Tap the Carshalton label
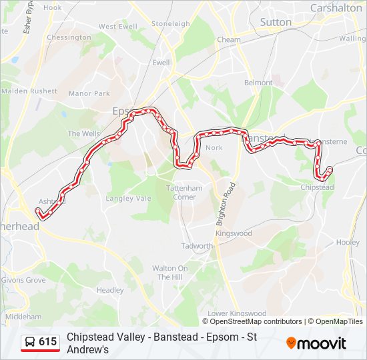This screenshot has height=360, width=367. [336, 8]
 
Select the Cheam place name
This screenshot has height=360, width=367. [229, 40]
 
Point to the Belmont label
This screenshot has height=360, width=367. [258, 83]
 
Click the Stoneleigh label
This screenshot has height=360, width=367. [171, 24]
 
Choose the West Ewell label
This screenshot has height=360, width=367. [117, 27]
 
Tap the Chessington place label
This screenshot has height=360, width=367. [69, 37]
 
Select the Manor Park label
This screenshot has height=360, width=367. [89, 93]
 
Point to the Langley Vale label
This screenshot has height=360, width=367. [129, 199]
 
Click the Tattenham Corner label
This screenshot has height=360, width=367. [185, 193]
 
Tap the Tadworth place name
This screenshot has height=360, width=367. [197, 246]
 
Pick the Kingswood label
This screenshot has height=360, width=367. [234, 234]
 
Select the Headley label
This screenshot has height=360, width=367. [110, 291]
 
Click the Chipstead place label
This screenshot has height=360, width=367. [318, 188]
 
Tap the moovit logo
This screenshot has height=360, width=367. [316, 343]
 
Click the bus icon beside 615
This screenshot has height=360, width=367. [30, 342]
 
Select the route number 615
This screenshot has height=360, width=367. [48, 342]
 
